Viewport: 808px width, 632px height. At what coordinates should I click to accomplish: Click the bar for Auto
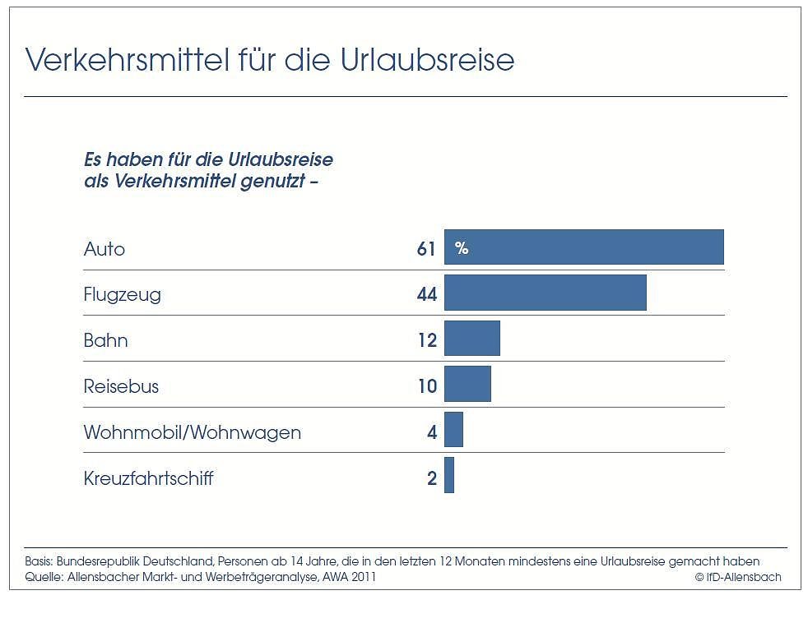click(x=584, y=247)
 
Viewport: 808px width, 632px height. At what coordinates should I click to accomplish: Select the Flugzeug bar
click(x=545, y=293)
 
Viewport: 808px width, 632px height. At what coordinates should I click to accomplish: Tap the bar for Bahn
click(x=471, y=339)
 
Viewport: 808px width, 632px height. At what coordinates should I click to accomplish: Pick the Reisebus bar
click(x=467, y=385)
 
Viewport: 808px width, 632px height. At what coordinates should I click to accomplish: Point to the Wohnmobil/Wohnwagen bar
click(x=453, y=430)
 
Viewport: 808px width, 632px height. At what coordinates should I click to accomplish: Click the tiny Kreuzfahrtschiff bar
click(x=449, y=476)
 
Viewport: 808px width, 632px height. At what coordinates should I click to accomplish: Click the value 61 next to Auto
click(x=425, y=248)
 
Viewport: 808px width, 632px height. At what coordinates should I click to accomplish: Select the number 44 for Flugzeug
click(x=426, y=294)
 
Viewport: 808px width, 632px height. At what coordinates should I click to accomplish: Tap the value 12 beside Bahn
click(x=426, y=339)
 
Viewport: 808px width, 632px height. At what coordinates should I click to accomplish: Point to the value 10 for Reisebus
click(x=426, y=385)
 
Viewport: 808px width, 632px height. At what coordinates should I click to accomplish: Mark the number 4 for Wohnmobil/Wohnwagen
click(x=432, y=431)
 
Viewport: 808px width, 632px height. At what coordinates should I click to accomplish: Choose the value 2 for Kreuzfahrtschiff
click(x=432, y=477)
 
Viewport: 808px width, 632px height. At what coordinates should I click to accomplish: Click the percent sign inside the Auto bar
click(x=462, y=248)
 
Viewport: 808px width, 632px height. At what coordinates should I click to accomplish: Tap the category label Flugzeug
click(x=123, y=294)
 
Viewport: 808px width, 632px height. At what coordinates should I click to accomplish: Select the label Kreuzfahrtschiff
click(x=148, y=477)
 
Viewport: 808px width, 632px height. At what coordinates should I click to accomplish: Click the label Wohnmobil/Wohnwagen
click(x=193, y=431)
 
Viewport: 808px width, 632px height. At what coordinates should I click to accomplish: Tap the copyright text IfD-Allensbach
click(x=737, y=577)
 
